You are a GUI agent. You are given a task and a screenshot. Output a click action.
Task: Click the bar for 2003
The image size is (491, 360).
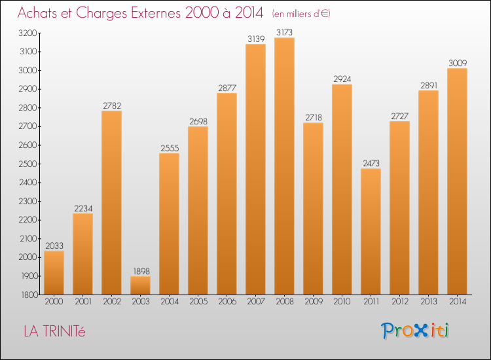(x=140, y=285)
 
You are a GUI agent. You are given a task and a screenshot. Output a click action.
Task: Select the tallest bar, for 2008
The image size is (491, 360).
(x=284, y=166)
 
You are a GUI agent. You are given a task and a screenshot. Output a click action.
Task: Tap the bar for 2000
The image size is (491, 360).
(x=54, y=273)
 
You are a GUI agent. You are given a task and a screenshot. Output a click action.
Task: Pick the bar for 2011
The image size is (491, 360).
(x=371, y=232)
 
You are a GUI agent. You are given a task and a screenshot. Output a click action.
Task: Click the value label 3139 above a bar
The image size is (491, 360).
(x=255, y=39)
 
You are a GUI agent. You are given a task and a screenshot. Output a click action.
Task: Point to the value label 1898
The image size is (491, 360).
(x=140, y=271)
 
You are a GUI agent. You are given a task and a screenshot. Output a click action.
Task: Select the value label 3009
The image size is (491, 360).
(x=457, y=63)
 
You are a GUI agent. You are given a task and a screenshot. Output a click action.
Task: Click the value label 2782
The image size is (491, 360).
(x=111, y=106)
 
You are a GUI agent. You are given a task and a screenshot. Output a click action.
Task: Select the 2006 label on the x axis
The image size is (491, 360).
(x=227, y=302)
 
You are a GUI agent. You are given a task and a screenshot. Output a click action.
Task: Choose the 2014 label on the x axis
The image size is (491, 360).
(x=457, y=302)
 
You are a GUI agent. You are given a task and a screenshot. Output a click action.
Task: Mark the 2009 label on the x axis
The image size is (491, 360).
(x=313, y=302)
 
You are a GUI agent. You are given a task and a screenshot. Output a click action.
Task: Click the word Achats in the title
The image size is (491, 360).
(x=39, y=12)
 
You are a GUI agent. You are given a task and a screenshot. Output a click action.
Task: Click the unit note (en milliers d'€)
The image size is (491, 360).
(x=301, y=13)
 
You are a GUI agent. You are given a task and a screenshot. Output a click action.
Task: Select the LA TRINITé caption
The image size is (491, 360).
(x=54, y=331)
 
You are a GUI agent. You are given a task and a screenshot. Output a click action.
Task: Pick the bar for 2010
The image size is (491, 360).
(x=342, y=190)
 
